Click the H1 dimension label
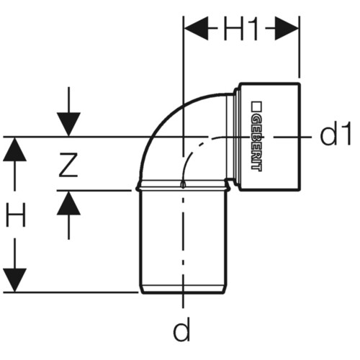[x=240, y=29]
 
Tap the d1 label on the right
[x=336, y=133]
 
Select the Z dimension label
[x=68, y=165]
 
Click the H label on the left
[x=16, y=215]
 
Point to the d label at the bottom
[x=181, y=329]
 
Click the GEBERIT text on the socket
[x=256, y=144]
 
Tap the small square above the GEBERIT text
[x=256, y=107]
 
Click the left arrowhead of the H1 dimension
[x=196, y=28]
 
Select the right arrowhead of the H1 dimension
[x=287, y=28]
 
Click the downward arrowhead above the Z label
[x=68, y=125]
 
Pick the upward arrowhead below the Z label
[x=68, y=203]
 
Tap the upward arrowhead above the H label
[x=14, y=149]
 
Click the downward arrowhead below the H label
[x=14, y=280]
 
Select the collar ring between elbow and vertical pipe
[x=183, y=185]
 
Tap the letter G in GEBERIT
[x=256, y=120]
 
